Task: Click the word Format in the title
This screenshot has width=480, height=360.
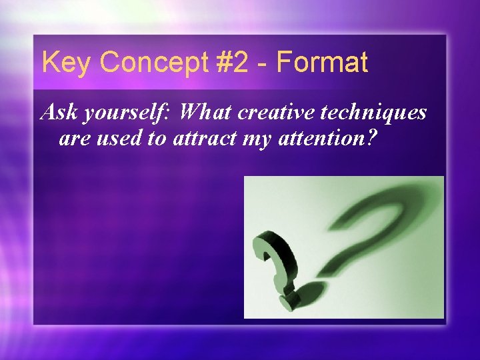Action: [321, 63]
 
